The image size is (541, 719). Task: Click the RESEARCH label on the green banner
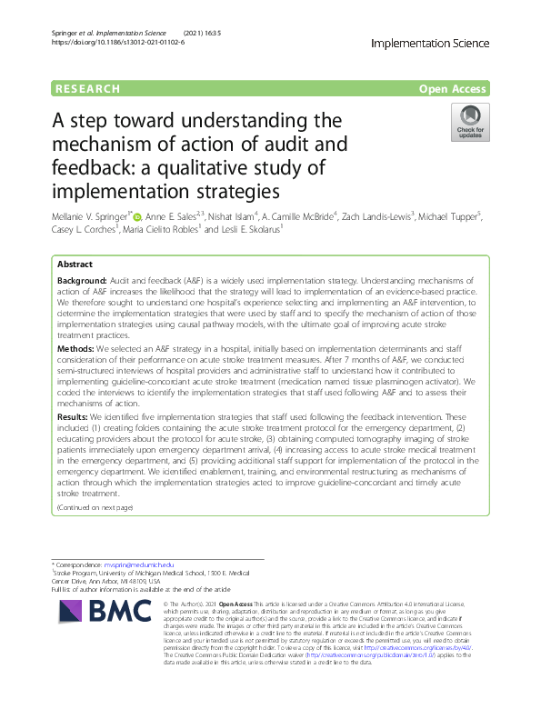pos(87,89)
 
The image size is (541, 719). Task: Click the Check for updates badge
pos(469,123)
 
